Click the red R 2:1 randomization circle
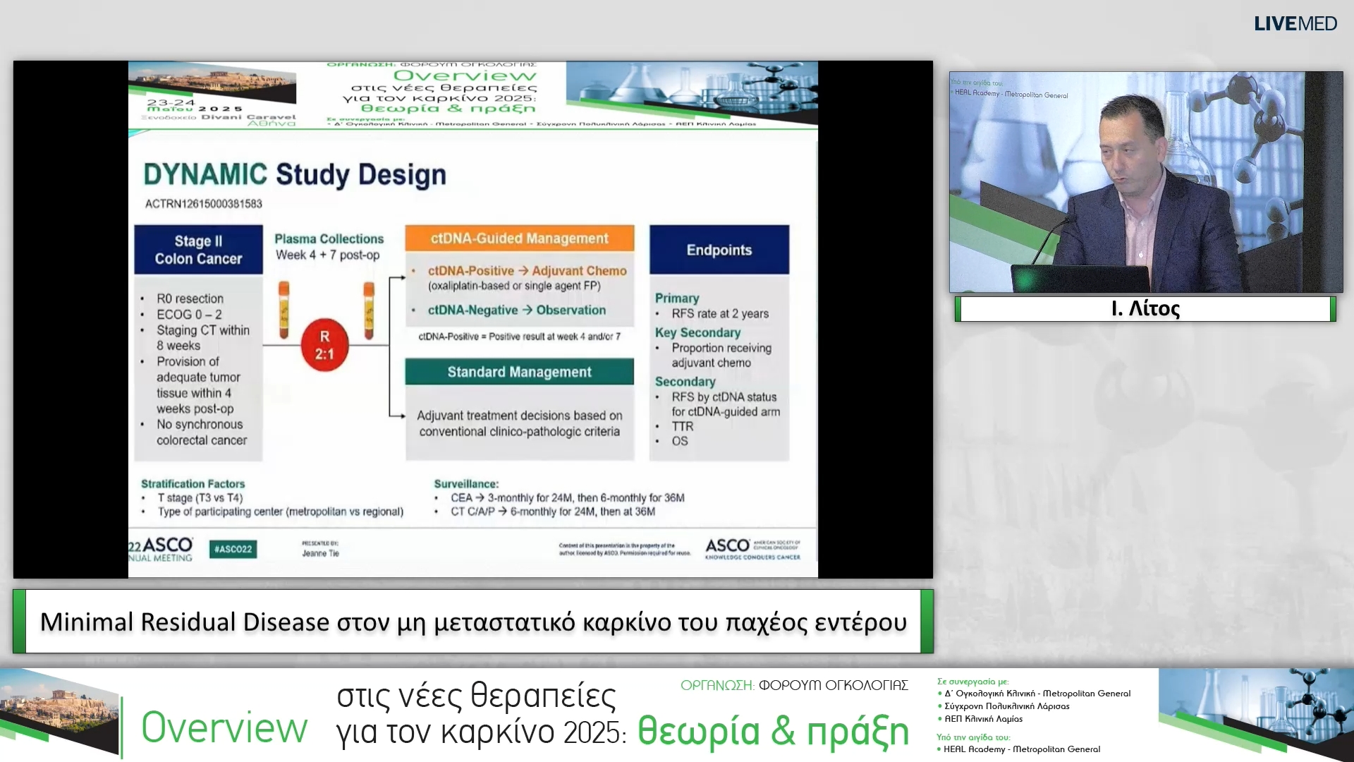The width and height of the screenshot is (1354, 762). click(324, 345)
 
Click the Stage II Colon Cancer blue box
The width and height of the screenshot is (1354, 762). click(198, 250)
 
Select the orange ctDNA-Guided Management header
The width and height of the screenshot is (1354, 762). click(519, 238)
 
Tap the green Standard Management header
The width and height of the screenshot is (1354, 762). click(519, 372)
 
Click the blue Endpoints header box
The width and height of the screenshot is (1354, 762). click(719, 250)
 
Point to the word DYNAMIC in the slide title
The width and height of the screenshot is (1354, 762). click(205, 174)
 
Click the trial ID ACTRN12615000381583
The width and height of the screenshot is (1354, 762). click(203, 204)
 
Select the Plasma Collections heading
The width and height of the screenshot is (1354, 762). click(329, 239)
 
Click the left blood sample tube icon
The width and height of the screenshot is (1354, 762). click(283, 309)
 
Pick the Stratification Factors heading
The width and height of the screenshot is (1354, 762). click(193, 484)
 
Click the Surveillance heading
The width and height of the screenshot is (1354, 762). click(465, 484)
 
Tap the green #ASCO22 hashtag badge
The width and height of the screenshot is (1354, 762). click(233, 549)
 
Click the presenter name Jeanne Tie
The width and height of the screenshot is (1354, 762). click(320, 554)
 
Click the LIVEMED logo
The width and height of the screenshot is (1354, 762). click(1295, 23)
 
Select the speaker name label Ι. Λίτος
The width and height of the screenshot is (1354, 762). click(1145, 309)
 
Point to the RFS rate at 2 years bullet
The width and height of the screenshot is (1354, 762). click(719, 314)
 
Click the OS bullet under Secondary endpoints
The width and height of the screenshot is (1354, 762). click(679, 441)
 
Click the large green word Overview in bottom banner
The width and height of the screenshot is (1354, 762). click(224, 728)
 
